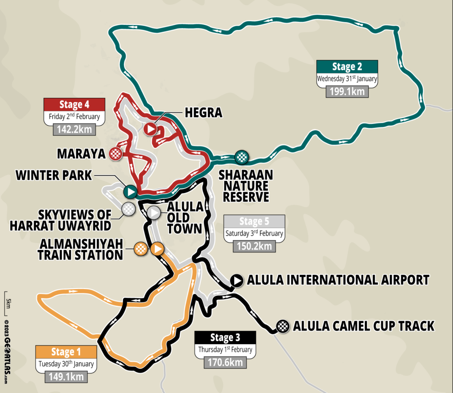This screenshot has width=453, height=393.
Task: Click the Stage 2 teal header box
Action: pos(347,67)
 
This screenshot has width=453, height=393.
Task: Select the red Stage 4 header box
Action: pos(74,105)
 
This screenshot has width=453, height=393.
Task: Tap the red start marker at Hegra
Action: pos(150,129)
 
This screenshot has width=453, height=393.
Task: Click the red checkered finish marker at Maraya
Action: pos(116,154)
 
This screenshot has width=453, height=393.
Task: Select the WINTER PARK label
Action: pos(54,175)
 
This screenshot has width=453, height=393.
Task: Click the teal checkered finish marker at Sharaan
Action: pos(242,156)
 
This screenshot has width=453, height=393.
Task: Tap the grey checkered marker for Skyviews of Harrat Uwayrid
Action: pos(128,209)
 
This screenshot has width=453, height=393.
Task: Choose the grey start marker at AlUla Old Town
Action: pos(154,212)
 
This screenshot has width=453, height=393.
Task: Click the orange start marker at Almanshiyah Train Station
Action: pos(157,249)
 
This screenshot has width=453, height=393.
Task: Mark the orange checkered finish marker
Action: pos(141,249)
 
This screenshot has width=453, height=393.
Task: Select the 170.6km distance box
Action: pos(225,362)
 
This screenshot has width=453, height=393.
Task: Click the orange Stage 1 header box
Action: pos(66,352)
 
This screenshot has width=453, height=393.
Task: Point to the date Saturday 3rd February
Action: pos(253,233)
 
